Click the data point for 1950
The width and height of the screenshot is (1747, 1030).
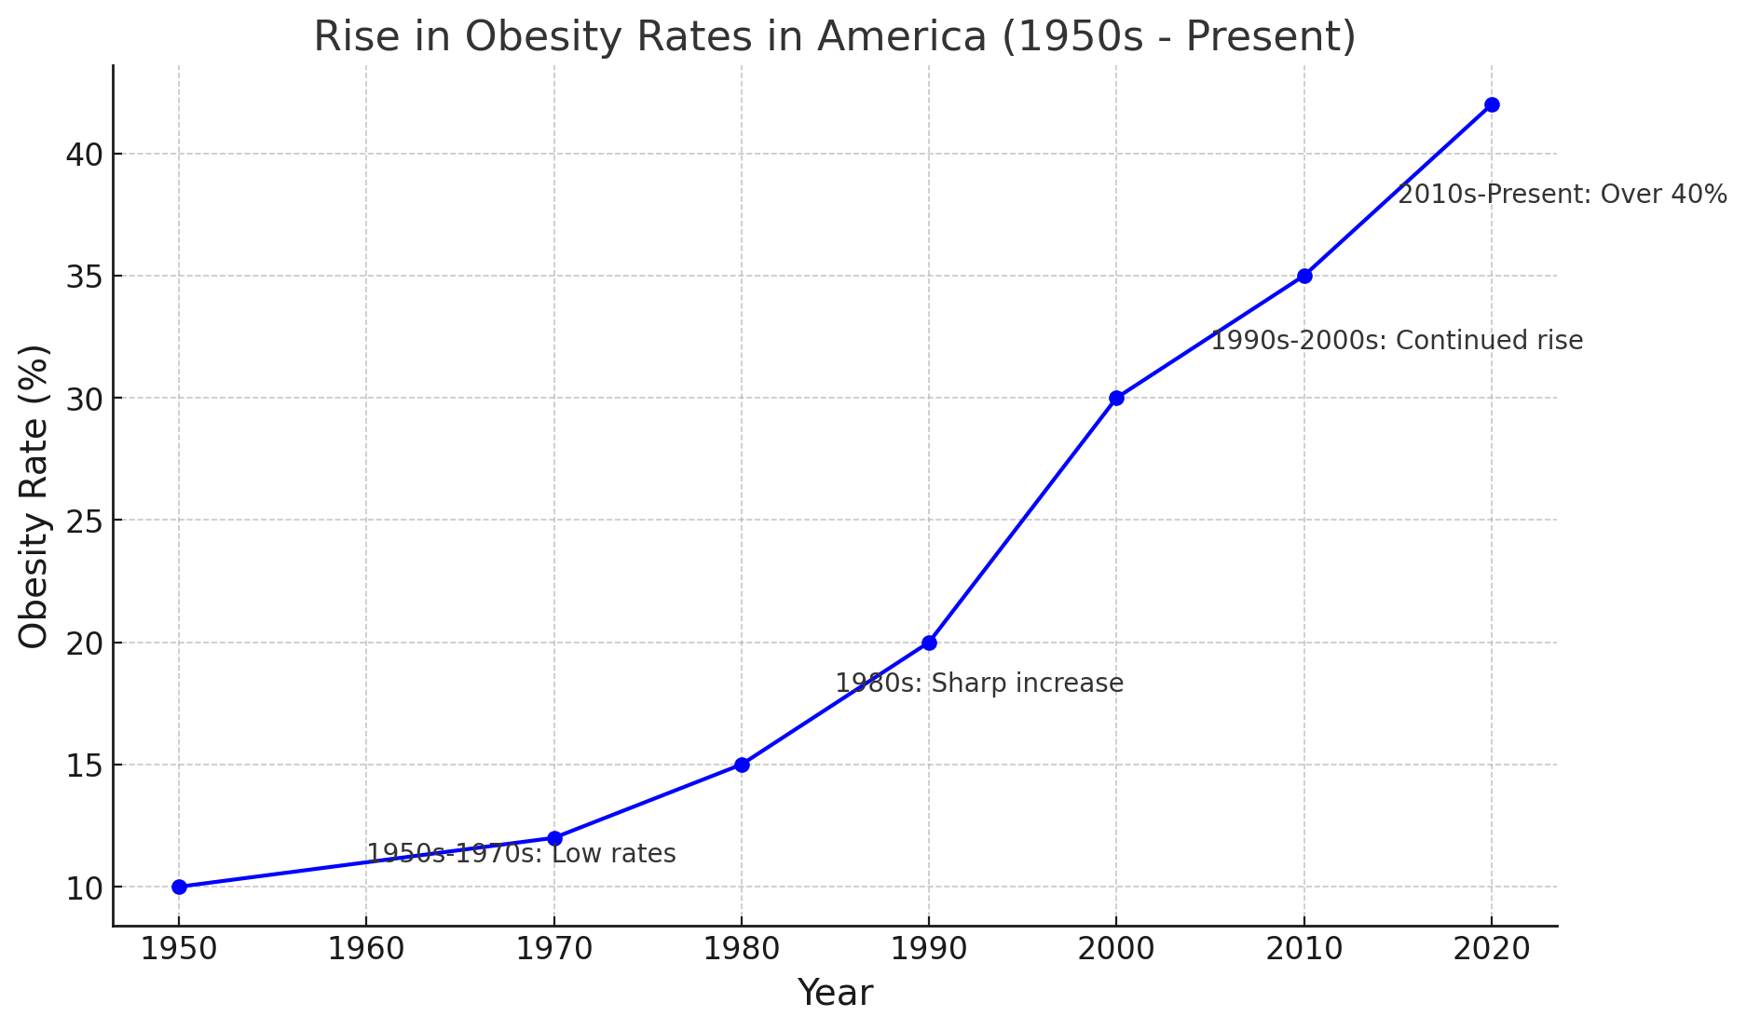pos(179,887)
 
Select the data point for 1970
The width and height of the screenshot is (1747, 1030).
pos(554,838)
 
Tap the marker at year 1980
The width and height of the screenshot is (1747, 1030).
pos(742,765)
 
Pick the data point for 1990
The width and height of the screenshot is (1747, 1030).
pos(929,643)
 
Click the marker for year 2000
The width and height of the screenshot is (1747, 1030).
pos(1116,398)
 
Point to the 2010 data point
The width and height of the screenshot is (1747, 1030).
pos(1304,276)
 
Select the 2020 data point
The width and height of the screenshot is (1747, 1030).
pos(1492,104)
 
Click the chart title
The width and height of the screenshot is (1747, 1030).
pos(834,37)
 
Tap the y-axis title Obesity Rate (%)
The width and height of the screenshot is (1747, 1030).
pos(34,496)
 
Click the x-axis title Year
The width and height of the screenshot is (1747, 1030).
pos(835,994)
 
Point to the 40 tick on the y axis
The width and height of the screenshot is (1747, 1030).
pos(84,154)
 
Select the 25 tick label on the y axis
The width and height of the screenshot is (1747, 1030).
pos(84,521)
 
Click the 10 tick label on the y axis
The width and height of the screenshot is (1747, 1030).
pos(84,888)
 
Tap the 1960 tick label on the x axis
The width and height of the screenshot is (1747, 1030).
pos(366,949)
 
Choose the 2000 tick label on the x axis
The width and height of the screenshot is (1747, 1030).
pos(1116,949)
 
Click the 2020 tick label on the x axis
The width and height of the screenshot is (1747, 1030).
pos(1492,949)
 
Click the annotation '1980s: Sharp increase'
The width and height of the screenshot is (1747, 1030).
pos(979,684)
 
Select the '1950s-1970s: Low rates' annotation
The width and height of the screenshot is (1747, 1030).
pos(521,853)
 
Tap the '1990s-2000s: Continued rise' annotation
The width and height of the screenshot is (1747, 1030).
pos(1397,341)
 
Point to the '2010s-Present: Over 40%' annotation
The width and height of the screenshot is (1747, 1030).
pos(1563,195)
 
